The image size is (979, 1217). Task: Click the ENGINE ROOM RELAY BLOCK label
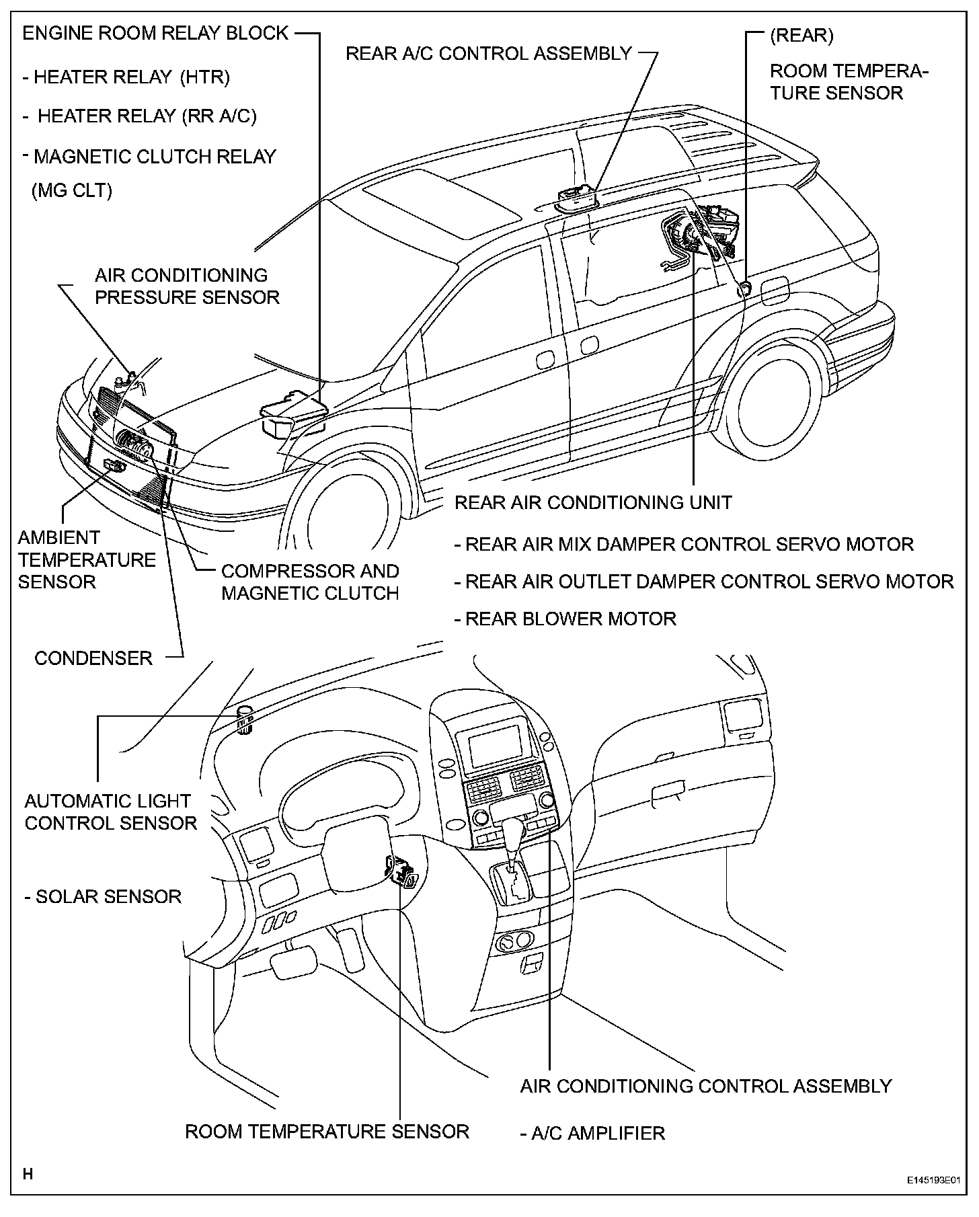tap(155, 34)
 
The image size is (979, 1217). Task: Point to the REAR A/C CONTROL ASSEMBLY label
tap(488, 53)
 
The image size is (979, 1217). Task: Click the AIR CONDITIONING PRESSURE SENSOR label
tap(187, 286)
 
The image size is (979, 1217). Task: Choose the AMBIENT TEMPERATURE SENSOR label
tap(87, 559)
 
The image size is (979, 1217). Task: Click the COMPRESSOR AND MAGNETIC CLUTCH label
tap(310, 582)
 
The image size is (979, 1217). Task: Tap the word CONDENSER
tap(93, 658)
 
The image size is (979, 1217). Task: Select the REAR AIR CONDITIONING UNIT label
tap(593, 502)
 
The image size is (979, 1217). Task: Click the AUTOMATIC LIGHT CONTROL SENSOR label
tap(110, 812)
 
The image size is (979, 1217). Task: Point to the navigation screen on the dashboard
tap(495, 746)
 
